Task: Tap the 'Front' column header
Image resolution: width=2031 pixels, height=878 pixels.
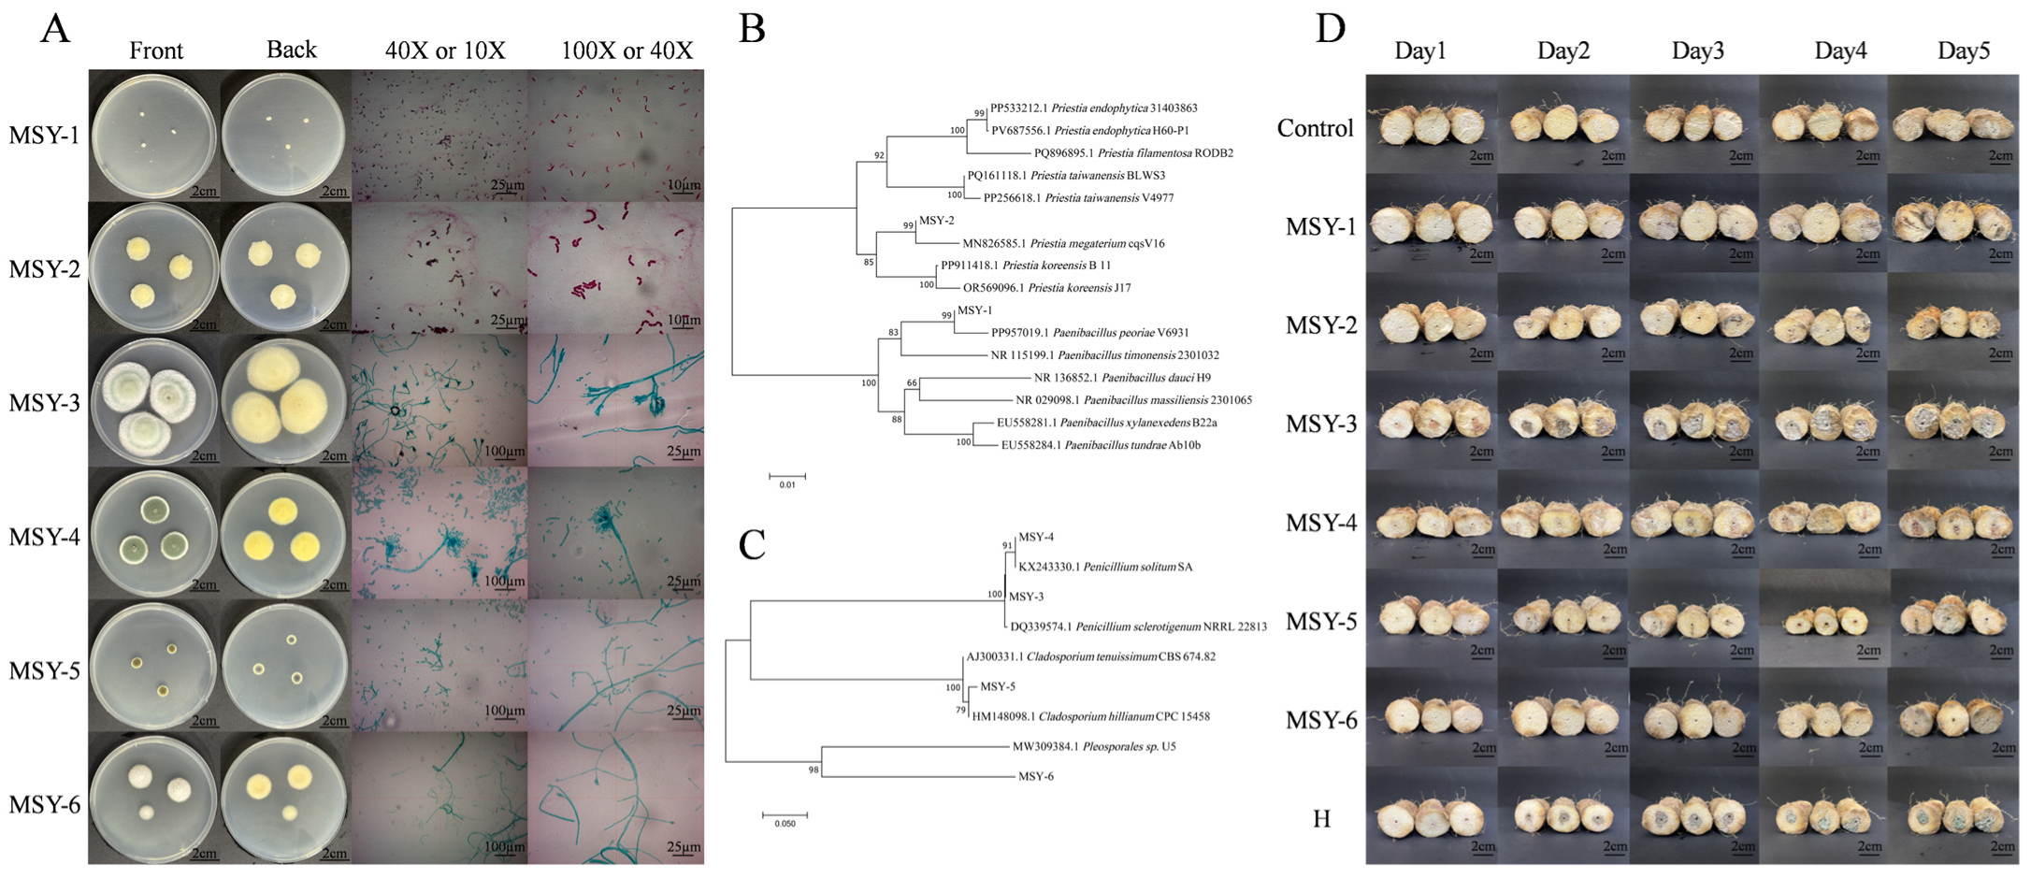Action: coord(155,50)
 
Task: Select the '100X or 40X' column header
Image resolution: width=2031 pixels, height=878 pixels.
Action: coord(627,50)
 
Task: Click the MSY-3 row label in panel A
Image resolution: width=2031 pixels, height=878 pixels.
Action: coord(45,403)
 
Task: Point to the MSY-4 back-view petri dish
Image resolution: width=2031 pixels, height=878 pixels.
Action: coord(284,532)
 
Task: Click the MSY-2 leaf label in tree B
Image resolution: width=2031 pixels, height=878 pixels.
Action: coord(936,221)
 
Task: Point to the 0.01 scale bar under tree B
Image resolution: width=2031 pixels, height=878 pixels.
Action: coord(787,477)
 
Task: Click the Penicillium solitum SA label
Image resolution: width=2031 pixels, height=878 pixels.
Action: coord(1105,567)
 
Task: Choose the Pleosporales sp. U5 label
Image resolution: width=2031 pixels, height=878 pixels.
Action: coord(1094,746)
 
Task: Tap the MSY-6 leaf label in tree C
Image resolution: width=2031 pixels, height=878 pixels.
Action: coord(1036,776)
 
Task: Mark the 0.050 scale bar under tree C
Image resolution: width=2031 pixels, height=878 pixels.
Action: coord(785,816)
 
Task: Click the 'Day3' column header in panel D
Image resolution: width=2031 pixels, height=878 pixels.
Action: coord(1697,50)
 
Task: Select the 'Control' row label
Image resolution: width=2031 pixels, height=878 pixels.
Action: coord(1315,128)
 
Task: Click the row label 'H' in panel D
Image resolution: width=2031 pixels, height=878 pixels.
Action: coord(1321,819)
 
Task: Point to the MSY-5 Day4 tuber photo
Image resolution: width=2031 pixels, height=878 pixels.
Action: coord(1823,620)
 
